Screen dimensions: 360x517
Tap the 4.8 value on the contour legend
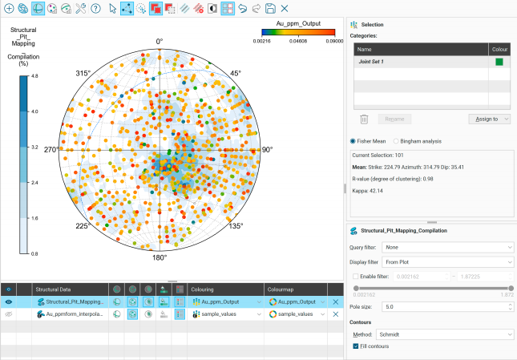[x=34, y=75]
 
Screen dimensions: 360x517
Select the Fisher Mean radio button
[x=355, y=141]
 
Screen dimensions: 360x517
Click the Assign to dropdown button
[x=488, y=119]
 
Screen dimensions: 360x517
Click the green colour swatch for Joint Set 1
[x=499, y=61]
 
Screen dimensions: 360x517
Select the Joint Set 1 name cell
[x=418, y=61]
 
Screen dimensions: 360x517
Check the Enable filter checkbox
[x=356, y=275]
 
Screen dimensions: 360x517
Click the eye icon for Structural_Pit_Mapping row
[x=8, y=301]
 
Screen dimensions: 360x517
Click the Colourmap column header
[x=285, y=288]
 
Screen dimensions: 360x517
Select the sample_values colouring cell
[x=225, y=315]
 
